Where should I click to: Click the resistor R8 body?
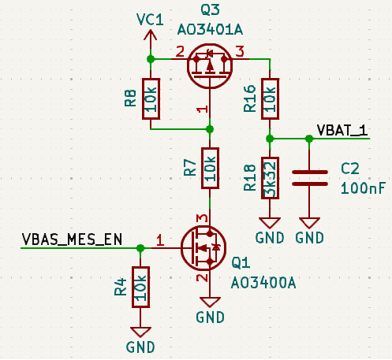(151, 98)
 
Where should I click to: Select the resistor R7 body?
(210, 168)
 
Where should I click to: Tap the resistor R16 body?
(270, 98)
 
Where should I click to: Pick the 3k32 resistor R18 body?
(270, 178)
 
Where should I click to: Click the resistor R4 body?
(140, 287)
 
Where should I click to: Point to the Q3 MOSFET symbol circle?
(187, 66)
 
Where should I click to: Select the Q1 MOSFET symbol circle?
(181, 248)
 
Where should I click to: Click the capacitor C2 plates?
(310, 178)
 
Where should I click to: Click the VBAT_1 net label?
(342, 130)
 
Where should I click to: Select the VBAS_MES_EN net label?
(72, 239)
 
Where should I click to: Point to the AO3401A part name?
(210, 29)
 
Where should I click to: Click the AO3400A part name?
(263, 283)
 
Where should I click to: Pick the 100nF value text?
(363, 188)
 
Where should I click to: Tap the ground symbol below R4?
(140, 332)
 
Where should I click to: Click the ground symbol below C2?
(309, 223)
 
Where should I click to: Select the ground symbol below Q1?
(210, 302)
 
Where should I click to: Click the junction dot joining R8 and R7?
(210, 129)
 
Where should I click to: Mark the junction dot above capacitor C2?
(309, 139)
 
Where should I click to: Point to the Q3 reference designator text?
(210, 10)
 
